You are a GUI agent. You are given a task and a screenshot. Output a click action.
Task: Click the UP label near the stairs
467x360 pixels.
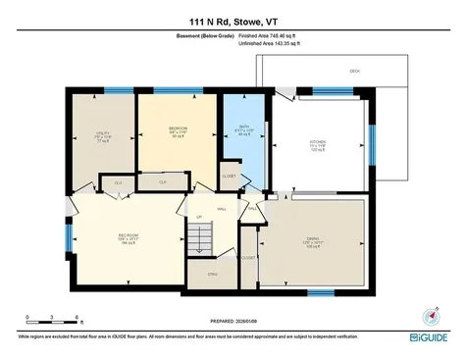[x=199, y=217]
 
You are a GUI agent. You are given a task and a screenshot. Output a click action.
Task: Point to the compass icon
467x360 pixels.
[x=429, y=316]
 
